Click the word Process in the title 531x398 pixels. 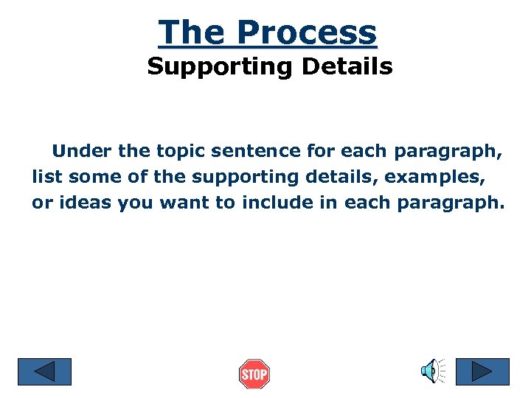(306, 32)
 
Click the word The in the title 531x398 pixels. (192, 32)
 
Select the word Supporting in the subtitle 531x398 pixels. (209, 67)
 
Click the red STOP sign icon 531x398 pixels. (254, 374)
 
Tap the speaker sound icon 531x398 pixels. (432, 371)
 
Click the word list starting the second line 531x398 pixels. (46, 178)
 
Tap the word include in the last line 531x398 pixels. (274, 203)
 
